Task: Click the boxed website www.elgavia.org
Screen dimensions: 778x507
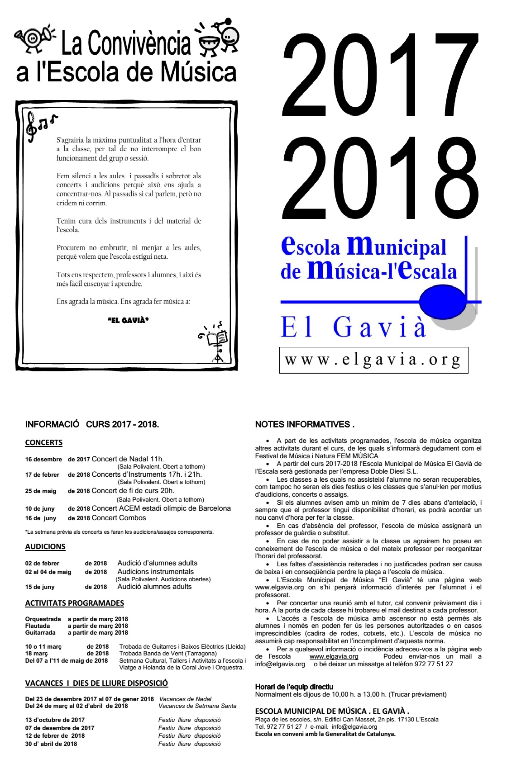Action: pyautogui.click(x=373, y=360)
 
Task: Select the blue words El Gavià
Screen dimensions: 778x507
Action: pyautogui.click(x=353, y=327)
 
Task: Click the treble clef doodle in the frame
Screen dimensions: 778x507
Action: pyautogui.click(x=32, y=128)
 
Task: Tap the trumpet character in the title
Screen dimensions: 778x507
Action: pyautogui.click(x=34, y=38)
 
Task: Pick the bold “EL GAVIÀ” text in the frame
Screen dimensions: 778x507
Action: pyautogui.click(x=128, y=320)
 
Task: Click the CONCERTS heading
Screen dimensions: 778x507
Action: pyautogui.click(x=43, y=442)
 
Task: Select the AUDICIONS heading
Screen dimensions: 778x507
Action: pyautogui.click(x=45, y=546)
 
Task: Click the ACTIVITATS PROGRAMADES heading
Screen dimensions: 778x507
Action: pyautogui.click(x=74, y=603)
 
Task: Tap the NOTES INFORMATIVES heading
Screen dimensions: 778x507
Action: pyautogui.click(x=304, y=424)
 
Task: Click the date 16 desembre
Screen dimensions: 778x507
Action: pyautogui.click(x=43, y=460)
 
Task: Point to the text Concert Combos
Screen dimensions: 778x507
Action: pyautogui.click(x=119, y=518)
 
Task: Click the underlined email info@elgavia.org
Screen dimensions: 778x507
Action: pyautogui.click(x=280, y=664)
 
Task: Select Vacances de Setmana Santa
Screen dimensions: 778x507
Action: pyautogui.click(x=197, y=706)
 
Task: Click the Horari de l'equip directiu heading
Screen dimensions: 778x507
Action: pyautogui.click(x=294, y=687)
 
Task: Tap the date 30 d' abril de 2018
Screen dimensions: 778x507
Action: pyautogui.click(x=51, y=744)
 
